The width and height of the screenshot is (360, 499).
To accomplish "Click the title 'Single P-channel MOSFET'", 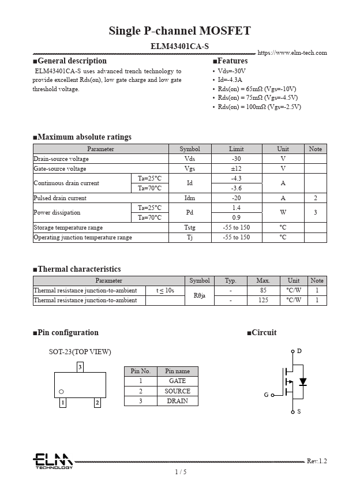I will (179, 31).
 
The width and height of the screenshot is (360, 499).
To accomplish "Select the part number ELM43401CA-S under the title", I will (179, 46).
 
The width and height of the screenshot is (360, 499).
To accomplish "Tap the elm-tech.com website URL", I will (292, 52).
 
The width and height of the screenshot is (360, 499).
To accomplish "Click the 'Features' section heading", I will (230, 61).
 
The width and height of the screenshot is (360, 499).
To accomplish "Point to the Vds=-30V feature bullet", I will (231, 71).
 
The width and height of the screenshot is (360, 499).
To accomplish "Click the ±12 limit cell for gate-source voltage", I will (236, 168).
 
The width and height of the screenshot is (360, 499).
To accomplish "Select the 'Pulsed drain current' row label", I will (60, 198).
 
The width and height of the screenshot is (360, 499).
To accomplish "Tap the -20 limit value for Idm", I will (236, 198).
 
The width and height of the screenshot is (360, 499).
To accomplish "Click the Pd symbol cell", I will (190, 212).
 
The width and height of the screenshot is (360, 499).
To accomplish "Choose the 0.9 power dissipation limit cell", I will (236, 217).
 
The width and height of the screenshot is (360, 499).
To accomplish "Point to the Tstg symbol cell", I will (190, 227).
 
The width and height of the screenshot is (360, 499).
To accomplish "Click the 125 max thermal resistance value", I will (262, 301).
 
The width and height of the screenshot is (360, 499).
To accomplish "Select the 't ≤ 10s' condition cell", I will (165, 291).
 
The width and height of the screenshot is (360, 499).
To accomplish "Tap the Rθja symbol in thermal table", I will (200, 295).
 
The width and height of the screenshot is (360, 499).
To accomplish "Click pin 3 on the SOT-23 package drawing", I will (80, 367).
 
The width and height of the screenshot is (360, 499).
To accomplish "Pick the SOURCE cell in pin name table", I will (177, 391).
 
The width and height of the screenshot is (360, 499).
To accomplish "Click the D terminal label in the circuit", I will (299, 351).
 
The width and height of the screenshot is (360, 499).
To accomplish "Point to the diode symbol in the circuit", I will (302, 382).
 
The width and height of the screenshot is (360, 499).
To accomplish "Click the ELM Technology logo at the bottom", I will (52, 461).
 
